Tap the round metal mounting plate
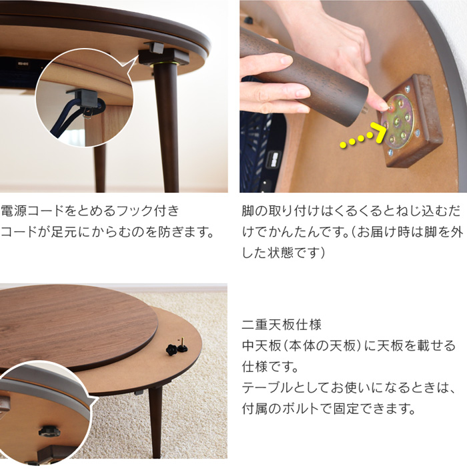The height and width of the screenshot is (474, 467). pyautogui.click(x=398, y=121)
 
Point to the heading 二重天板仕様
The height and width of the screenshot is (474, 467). pyautogui.click(x=282, y=325)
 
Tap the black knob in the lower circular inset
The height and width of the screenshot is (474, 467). pyautogui.click(x=49, y=431)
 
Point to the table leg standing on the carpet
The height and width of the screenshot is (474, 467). pyautogui.click(x=155, y=421)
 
